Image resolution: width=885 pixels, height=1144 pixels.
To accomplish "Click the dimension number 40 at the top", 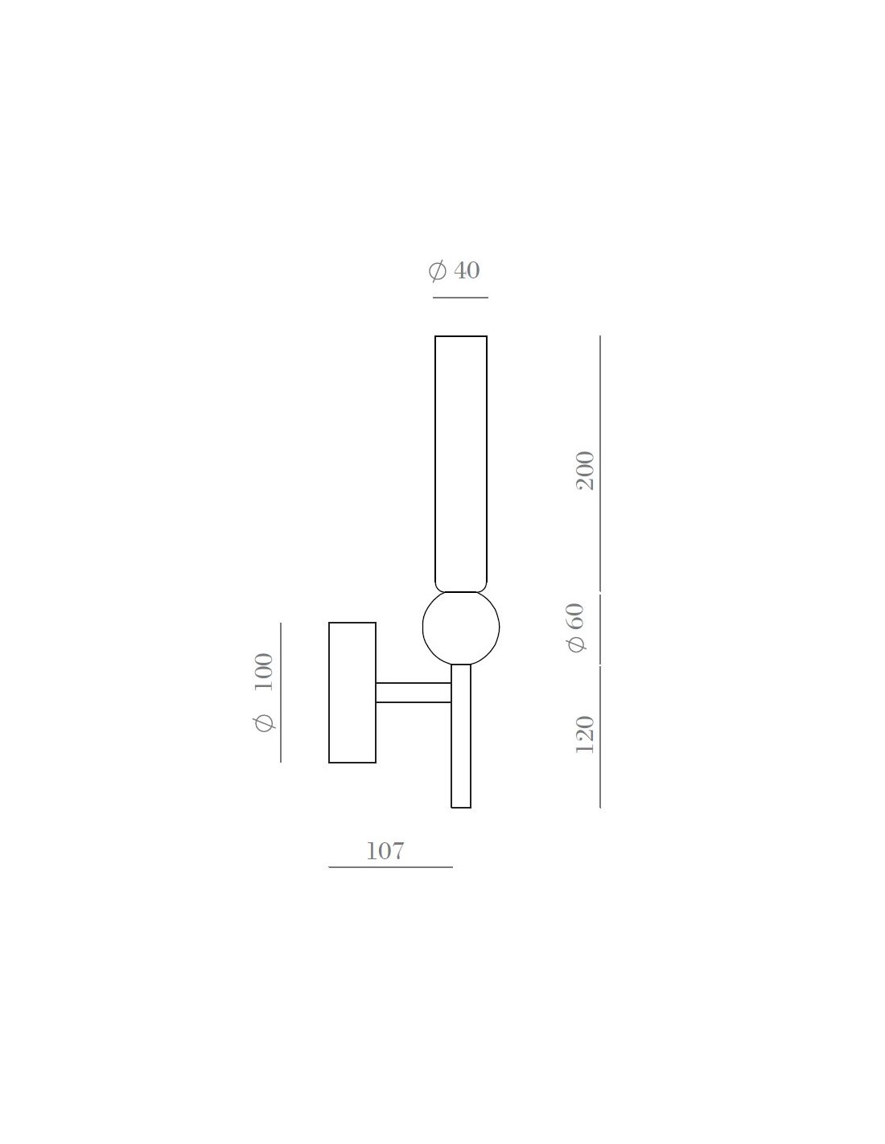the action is tap(467, 270).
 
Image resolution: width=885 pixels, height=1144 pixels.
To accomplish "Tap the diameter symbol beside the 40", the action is tap(437, 271).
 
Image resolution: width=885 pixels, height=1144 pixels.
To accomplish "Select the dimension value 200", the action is tap(586, 471).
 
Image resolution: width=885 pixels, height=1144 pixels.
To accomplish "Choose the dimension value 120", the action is tap(585, 735).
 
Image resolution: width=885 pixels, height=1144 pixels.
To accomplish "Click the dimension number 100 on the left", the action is tap(264, 672).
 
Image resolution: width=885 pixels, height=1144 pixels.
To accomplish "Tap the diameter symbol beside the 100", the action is tap(264, 723).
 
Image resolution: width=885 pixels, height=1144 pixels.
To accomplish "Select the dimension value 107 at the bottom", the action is tap(385, 851).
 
